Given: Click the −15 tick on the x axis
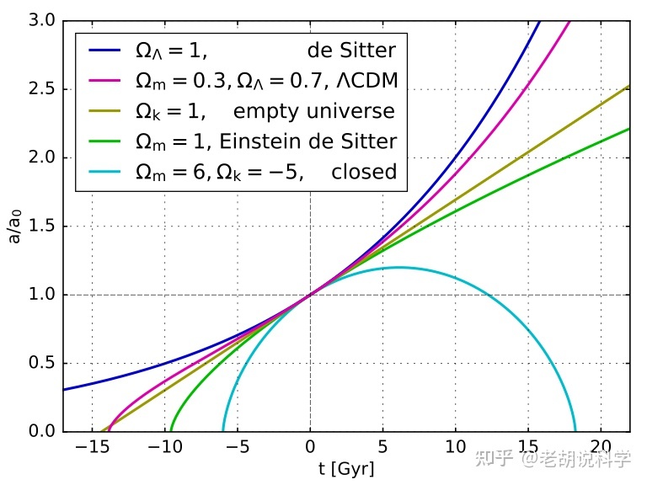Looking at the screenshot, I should [93, 446].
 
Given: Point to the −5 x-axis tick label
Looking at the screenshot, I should [238, 446].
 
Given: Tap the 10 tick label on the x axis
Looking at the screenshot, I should [456, 446].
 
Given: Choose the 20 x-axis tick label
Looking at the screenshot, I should [601, 446].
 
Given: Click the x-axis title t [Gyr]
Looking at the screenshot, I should [346, 468].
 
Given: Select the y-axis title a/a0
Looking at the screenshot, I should [16, 226].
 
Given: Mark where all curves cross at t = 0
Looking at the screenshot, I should [311, 294].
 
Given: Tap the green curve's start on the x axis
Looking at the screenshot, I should [171, 430].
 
